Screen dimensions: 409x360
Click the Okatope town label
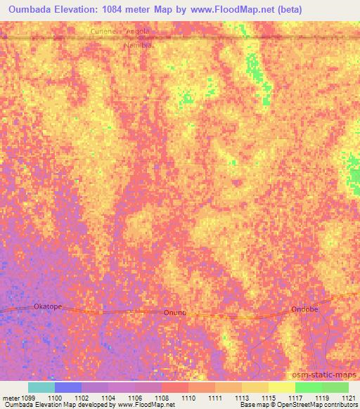pyautogui.click(x=48, y=306)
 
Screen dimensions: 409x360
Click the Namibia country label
pyautogui.click(x=138, y=45)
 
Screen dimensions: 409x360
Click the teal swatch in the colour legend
pyautogui.click(x=41, y=387)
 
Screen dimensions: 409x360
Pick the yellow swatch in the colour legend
pyautogui.click(x=281, y=387)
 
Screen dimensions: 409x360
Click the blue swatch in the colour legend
pyautogui.click(x=68, y=387)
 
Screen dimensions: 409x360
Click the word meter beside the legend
pyautogui.click(x=11, y=398)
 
